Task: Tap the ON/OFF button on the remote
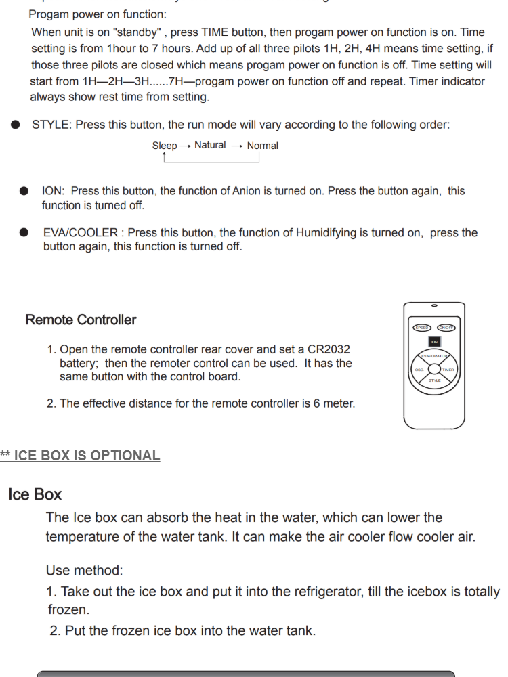446,328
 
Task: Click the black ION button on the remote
434,342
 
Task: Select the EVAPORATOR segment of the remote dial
434,356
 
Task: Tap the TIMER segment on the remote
448,370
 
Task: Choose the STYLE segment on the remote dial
434,380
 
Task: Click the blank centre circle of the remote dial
434,370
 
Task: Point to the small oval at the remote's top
434,305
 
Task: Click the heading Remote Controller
81,320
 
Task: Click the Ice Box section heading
35,494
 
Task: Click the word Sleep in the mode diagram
165,146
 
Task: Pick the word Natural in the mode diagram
210,145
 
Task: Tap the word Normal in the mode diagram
262,146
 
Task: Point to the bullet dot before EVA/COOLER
24,232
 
